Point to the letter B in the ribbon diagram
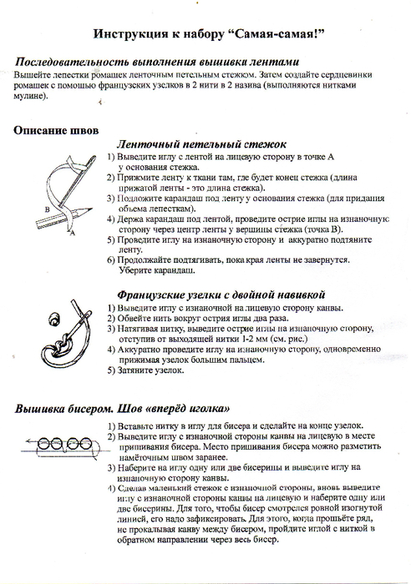[48, 209]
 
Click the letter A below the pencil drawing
[74, 235]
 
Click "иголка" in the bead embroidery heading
[211, 410]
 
